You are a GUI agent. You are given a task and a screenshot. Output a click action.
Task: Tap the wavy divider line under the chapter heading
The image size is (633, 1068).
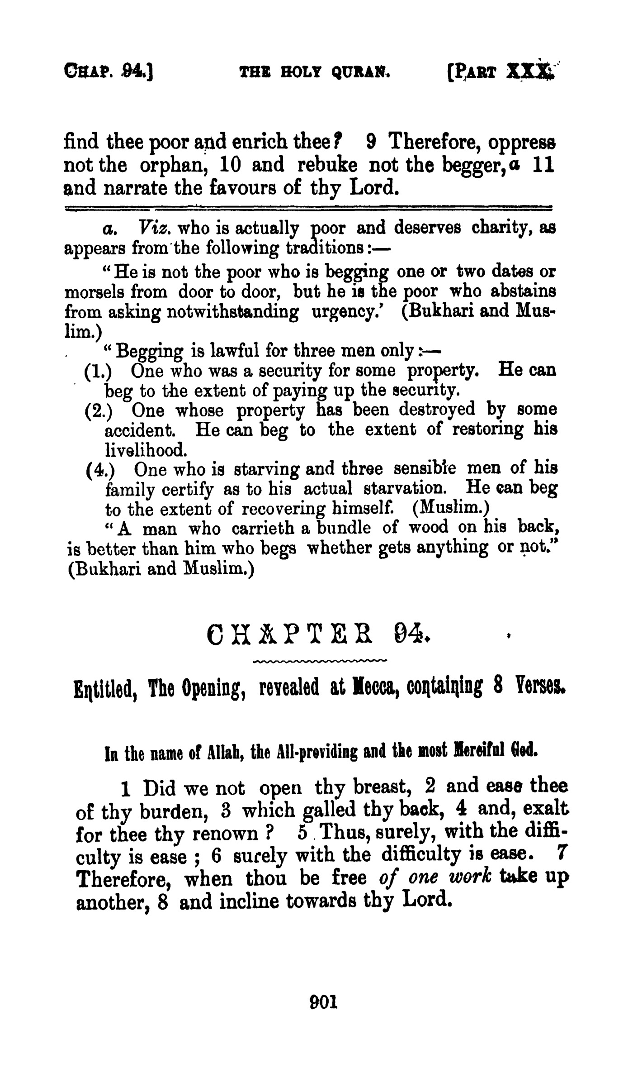point(319,662)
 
